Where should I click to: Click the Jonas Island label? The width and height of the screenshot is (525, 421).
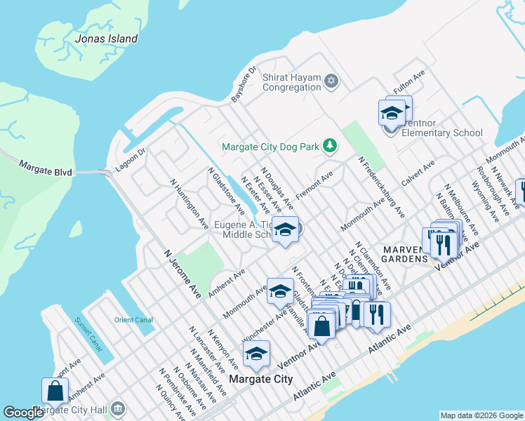[107, 39]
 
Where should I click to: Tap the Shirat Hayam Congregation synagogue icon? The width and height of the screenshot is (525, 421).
[331, 82]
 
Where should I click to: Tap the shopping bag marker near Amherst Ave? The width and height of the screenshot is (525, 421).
[55, 391]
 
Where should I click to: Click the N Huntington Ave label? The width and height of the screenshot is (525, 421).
[190, 203]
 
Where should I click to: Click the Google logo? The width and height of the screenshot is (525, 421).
[23, 413]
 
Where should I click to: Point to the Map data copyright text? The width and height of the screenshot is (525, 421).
[481, 415]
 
